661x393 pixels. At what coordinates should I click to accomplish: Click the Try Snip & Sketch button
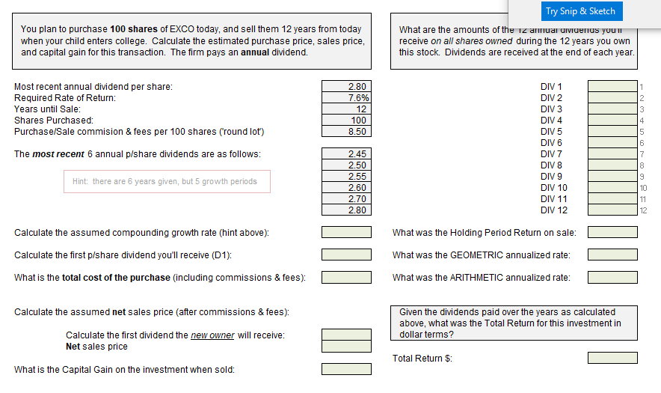point(580,11)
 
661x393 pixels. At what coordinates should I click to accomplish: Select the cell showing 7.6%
point(346,98)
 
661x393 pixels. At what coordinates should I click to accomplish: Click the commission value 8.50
point(346,132)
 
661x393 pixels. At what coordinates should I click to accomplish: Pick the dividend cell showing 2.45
point(346,154)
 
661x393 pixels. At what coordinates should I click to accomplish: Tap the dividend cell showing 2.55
point(346,177)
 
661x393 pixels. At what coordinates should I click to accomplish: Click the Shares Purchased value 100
point(346,121)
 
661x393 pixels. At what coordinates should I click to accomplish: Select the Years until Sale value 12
point(346,109)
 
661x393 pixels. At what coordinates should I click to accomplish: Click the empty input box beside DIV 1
point(612,87)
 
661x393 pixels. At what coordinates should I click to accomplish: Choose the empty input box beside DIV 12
point(612,210)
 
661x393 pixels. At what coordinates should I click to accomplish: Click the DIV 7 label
point(551,154)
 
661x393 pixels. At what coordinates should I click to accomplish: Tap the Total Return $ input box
point(612,358)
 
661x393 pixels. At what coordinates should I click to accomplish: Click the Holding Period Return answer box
point(612,233)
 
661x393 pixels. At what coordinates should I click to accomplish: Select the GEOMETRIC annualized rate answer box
point(612,255)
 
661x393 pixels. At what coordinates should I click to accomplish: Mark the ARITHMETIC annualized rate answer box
point(612,278)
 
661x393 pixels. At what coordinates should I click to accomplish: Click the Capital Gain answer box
point(346,369)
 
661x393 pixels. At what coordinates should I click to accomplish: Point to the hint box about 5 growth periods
point(166,181)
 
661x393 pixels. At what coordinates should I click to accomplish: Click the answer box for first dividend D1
point(346,255)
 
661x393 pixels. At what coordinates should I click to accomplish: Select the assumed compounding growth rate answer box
point(346,233)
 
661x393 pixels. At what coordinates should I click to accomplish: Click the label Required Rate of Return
point(65,98)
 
